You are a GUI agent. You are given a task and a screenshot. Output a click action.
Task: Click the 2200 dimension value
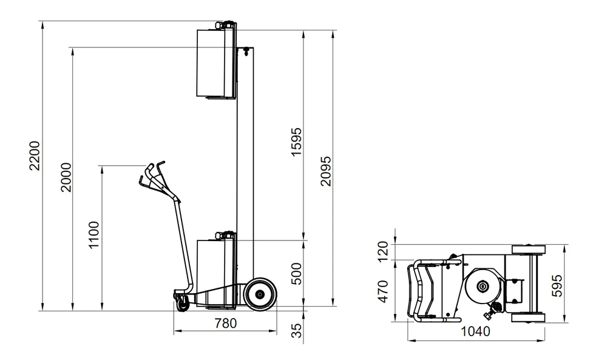click(x=35, y=155)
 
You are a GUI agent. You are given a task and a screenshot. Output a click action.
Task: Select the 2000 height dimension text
click(x=66, y=177)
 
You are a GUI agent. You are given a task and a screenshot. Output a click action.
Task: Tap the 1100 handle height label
click(x=94, y=235)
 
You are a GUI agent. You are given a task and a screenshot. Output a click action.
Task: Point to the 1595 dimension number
click(x=296, y=141)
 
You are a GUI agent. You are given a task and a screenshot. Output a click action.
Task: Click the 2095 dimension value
click(x=326, y=171)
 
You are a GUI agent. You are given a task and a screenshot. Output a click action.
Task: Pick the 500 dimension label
click(x=296, y=274)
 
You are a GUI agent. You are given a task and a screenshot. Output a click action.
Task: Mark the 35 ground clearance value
click(x=296, y=331)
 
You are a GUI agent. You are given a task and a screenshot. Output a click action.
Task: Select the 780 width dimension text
click(x=226, y=323)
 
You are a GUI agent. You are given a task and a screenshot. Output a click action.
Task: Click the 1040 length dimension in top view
click(x=475, y=331)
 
